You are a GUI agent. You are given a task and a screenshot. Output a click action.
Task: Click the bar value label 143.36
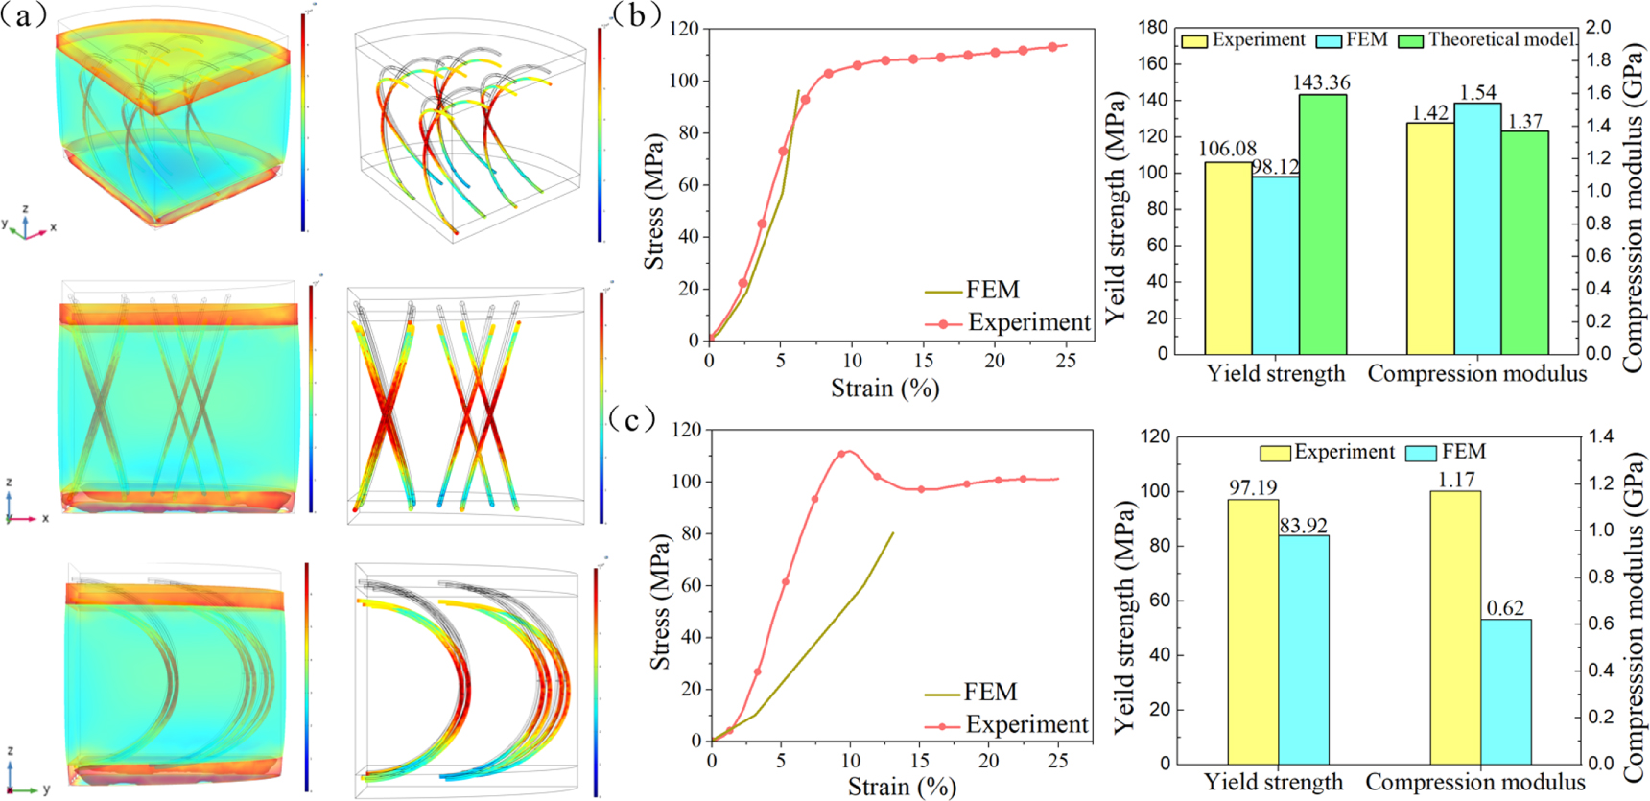point(1321,82)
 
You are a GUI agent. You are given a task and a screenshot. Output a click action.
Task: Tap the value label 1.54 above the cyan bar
point(1477,92)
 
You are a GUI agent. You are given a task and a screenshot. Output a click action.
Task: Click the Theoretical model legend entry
point(1500,39)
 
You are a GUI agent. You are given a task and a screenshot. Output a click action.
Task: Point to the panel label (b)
point(634,14)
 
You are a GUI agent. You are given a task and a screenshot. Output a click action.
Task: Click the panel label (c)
point(632,419)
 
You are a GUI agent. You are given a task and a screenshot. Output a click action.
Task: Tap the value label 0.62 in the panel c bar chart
point(1505,608)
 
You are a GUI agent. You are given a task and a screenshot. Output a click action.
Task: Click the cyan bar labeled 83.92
point(1304,649)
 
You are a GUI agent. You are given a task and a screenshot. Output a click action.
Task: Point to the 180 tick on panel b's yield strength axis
point(1153,28)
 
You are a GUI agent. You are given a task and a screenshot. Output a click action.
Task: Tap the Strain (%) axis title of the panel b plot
point(884,389)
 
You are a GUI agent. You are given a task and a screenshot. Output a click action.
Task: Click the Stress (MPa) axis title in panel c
point(659,601)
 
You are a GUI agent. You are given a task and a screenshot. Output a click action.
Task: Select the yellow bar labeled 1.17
point(1455,627)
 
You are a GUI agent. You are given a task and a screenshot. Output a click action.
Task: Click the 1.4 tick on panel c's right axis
point(1602,436)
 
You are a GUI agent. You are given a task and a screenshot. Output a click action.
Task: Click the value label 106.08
point(1227,149)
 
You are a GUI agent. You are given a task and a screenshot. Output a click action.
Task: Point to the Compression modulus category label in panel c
point(1475,782)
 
